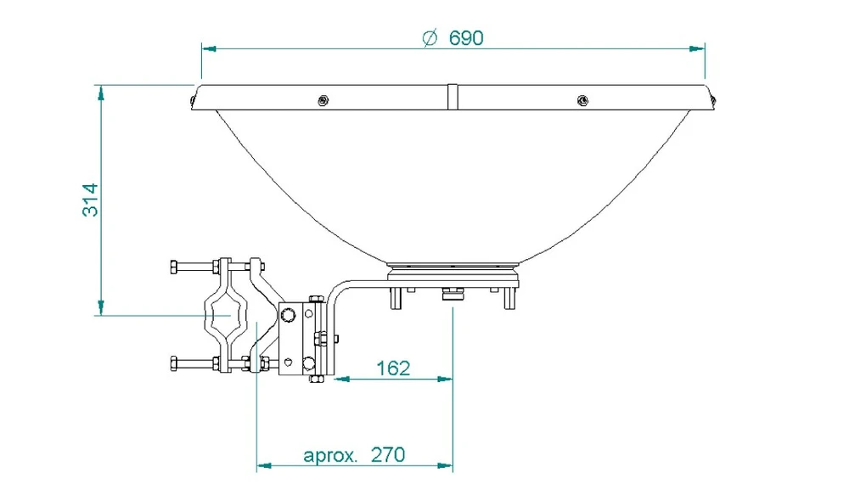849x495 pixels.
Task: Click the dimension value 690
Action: coord(466,38)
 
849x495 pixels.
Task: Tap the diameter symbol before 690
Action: coord(430,38)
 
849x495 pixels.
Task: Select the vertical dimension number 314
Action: coord(91,200)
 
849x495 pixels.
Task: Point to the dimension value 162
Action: coord(393,368)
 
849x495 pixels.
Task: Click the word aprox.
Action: coord(330,455)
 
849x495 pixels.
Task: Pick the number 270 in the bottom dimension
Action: coord(388,454)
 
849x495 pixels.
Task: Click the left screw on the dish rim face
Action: coord(323,100)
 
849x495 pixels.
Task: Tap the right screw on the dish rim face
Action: coord(582,100)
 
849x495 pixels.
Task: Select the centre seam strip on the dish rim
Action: coord(453,97)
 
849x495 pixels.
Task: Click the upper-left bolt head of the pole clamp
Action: coord(174,267)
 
